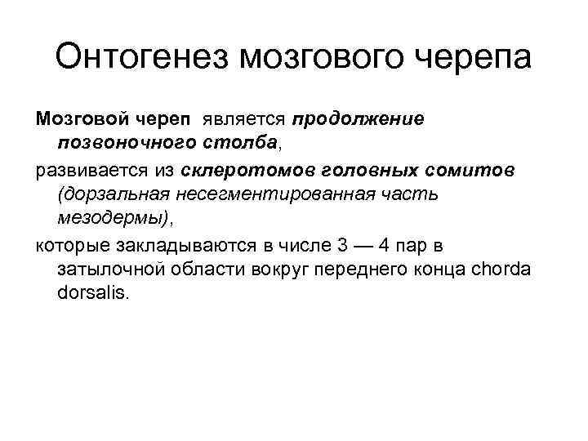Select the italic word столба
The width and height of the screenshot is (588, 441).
click(x=238, y=145)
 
